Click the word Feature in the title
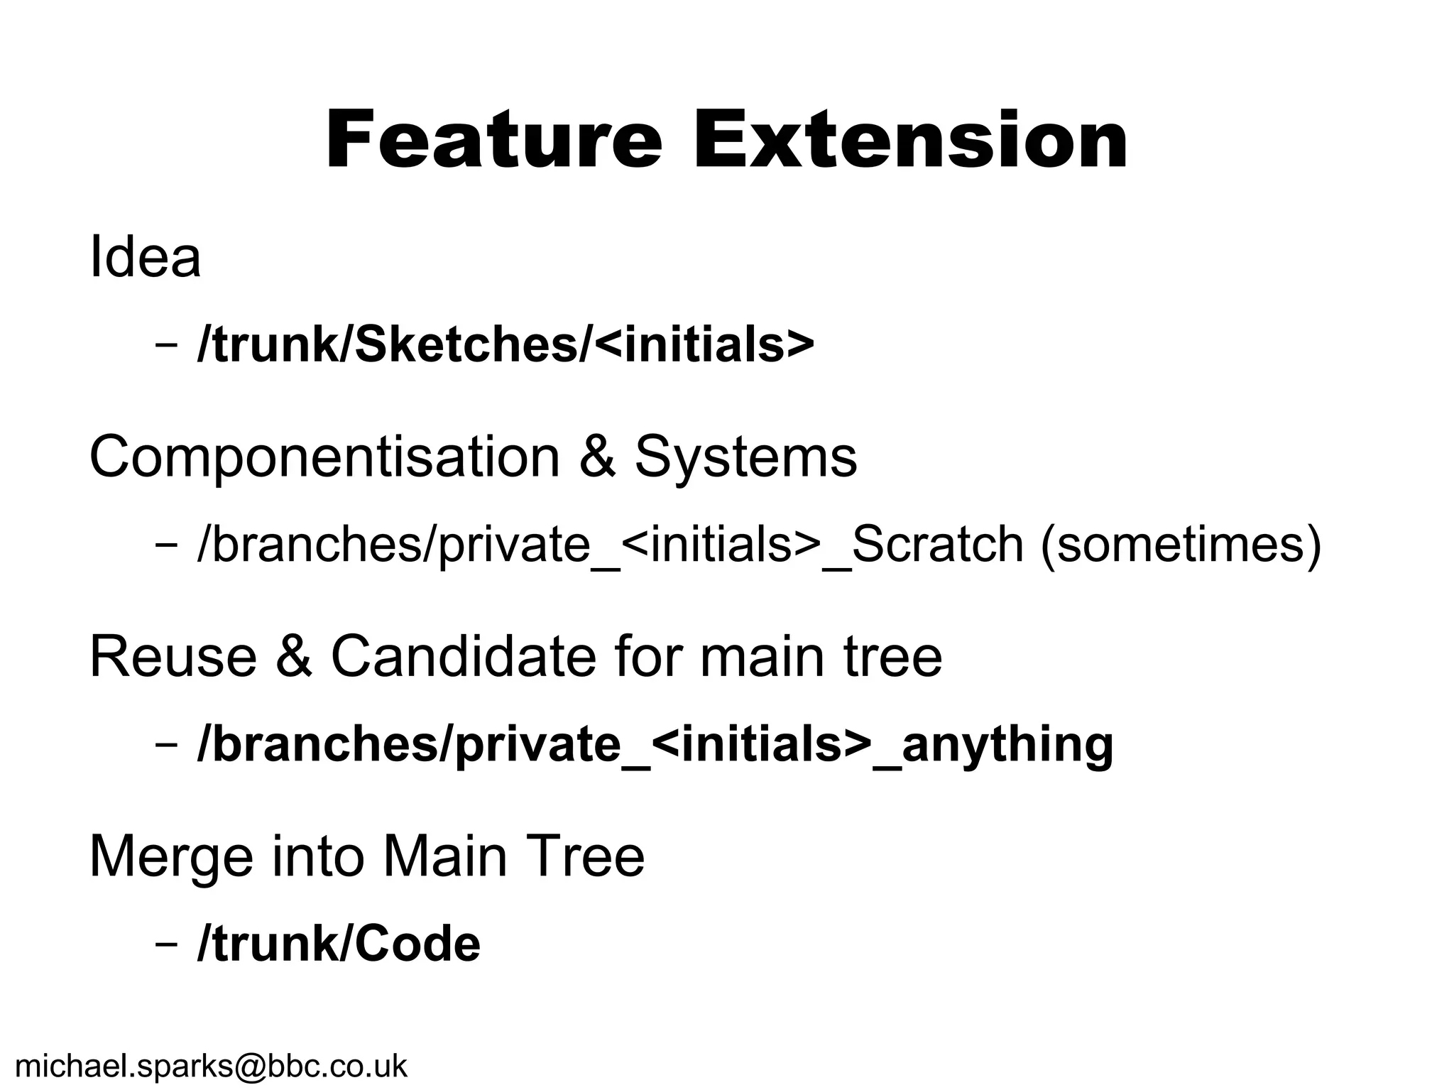(x=493, y=140)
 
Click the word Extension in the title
(x=910, y=140)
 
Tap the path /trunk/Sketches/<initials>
(x=505, y=345)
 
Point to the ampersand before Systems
(x=597, y=457)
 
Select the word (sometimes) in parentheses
(x=1180, y=545)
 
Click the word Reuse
(x=173, y=657)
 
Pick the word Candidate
(x=463, y=657)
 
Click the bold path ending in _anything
(x=655, y=746)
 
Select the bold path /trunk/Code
(x=339, y=944)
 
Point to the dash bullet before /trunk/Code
(x=165, y=947)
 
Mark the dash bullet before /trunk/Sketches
(x=165, y=347)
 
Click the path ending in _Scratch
(x=611, y=545)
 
